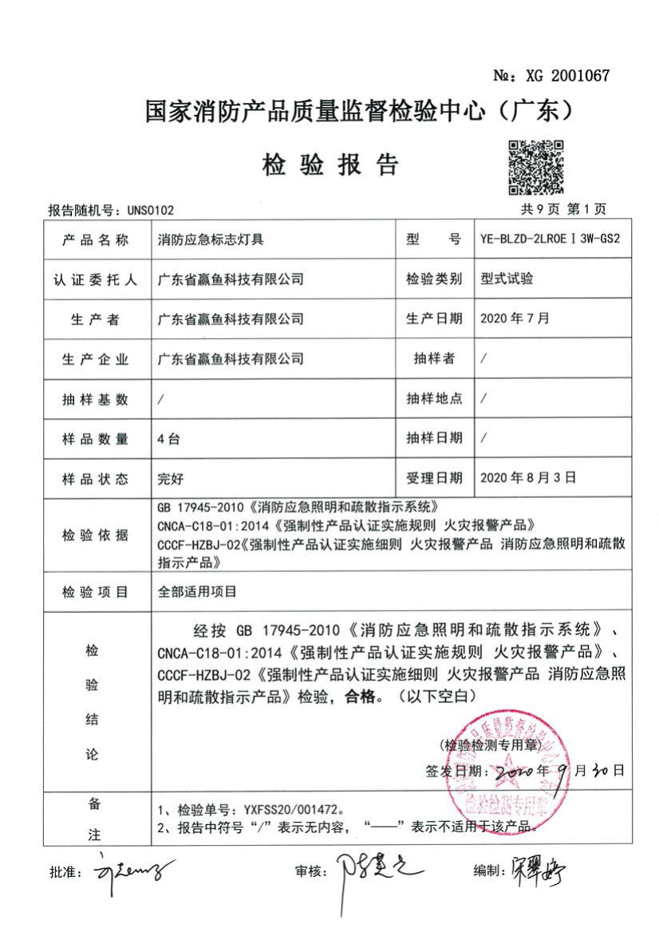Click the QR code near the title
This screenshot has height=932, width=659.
(x=536, y=167)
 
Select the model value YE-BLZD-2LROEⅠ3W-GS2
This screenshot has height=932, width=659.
(x=550, y=239)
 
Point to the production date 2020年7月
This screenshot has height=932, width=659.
(x=515, y=318)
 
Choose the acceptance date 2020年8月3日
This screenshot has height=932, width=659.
(x=527, y=477)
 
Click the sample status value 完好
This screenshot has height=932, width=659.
(x=172, y=478)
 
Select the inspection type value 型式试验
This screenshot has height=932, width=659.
(x=507, y=278)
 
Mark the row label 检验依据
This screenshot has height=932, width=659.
(x=95, y=535)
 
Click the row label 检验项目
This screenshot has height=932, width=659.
(x=95, y=592)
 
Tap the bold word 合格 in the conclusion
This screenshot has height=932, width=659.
(x=358, y=695)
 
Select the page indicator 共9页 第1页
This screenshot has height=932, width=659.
(x=563, y=209)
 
